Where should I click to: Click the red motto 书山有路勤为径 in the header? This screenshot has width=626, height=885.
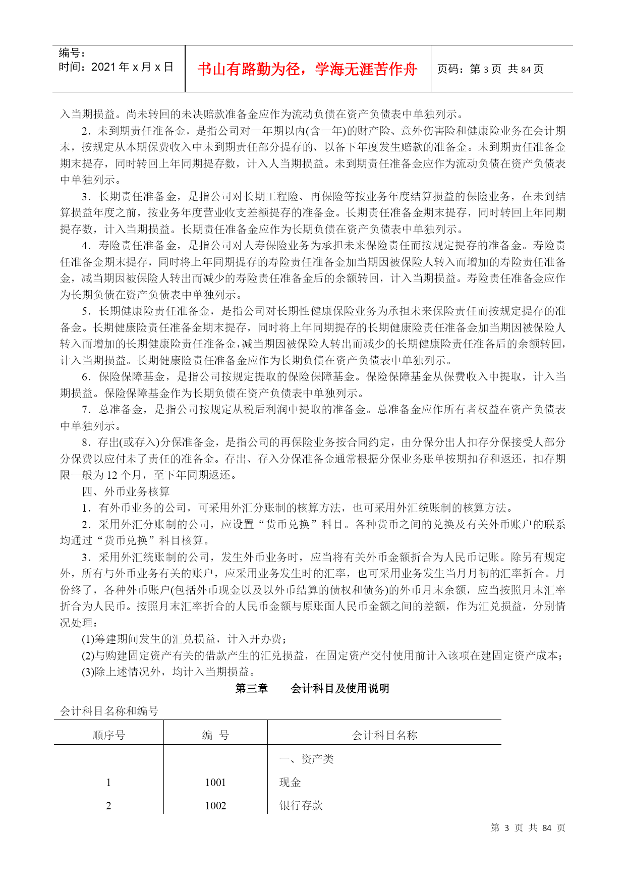click(x=307, y=69)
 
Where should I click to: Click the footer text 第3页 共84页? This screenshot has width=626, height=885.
click(x=528, y=828)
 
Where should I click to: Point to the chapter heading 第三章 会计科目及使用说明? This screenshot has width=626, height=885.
click(x=312, y=688)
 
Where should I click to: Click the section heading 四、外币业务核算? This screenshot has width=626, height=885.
click(x=126, y=491)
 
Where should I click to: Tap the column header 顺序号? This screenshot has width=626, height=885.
click(x=108, y=735)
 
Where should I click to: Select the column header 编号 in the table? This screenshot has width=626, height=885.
click(x=215, y=735)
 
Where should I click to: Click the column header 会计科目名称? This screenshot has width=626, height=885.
click(x=384, y=735)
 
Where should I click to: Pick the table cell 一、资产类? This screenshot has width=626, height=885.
click(x=307, y=759)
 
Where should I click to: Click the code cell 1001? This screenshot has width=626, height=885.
click(x=215, y=783)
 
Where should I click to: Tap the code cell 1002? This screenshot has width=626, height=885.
click(x=215, y=806)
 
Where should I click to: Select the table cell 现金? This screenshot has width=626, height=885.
click(x=290, y=783)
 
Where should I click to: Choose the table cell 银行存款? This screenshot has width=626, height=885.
click(x=301, y=806)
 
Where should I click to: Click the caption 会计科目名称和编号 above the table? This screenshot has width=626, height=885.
click(x=109, y=711)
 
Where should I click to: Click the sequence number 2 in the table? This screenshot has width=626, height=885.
click(x=108, y=806)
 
